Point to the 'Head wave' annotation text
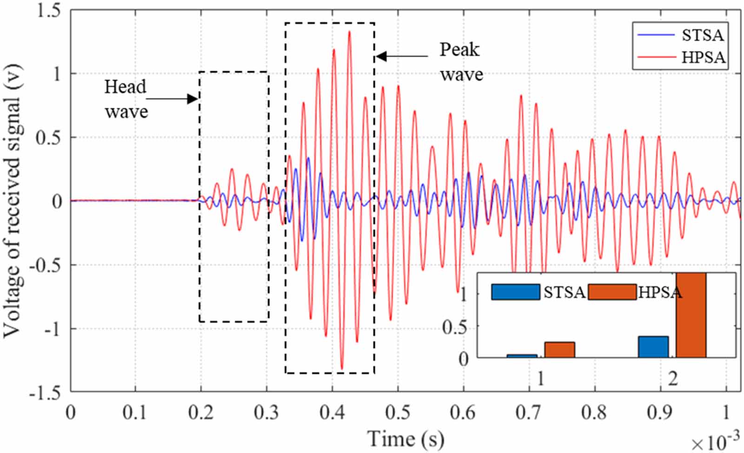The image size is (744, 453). tap(126, 99)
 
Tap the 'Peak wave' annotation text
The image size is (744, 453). tap(461, 62)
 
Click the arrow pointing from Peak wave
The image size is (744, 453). tap(402, 56)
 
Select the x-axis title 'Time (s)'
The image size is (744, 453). tap(405, 439)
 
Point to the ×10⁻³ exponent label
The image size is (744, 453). tap(714, 442)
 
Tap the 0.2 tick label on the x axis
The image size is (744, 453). tap(201, 412)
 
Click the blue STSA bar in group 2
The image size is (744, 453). tap(653, 347)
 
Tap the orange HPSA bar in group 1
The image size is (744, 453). tap(559, 349)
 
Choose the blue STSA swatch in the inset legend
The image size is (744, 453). tap(515, 292)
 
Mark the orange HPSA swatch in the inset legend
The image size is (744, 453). tap(612, 292)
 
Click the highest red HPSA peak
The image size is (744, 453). tap(349, 33)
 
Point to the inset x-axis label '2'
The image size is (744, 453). tap(672, 379)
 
